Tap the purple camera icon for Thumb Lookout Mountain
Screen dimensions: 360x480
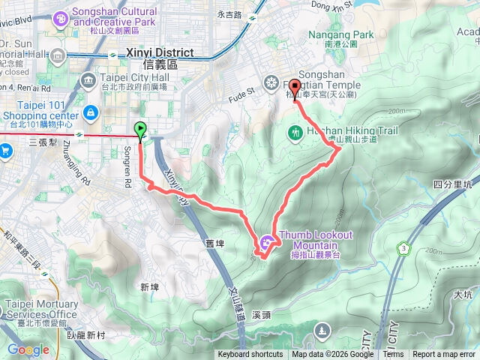(268, 241)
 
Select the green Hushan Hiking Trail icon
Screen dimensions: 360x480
(295, 133)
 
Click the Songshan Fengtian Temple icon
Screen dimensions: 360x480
(271, 82)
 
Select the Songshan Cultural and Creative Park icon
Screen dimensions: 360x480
(58, 21)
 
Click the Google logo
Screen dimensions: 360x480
(28, 349)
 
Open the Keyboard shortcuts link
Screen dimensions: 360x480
(250, 355)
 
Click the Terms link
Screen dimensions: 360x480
(393, 355)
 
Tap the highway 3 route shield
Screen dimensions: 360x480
(405, 248)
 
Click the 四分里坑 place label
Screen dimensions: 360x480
(451, 184)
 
